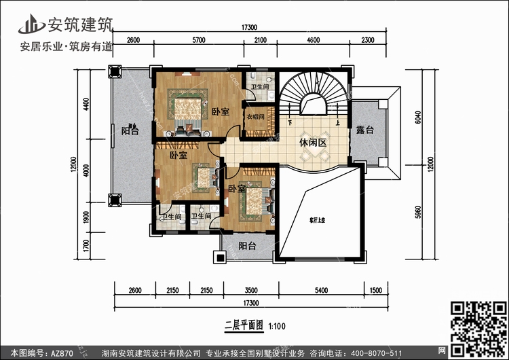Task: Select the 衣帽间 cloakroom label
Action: coord(254,116)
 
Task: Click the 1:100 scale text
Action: coord(278,326)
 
